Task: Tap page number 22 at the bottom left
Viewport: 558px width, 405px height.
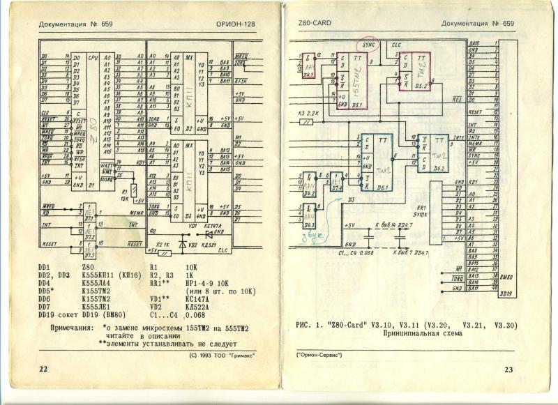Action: tap(43, 369)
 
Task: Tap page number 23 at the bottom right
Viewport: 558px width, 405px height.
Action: tap(508, 369)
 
